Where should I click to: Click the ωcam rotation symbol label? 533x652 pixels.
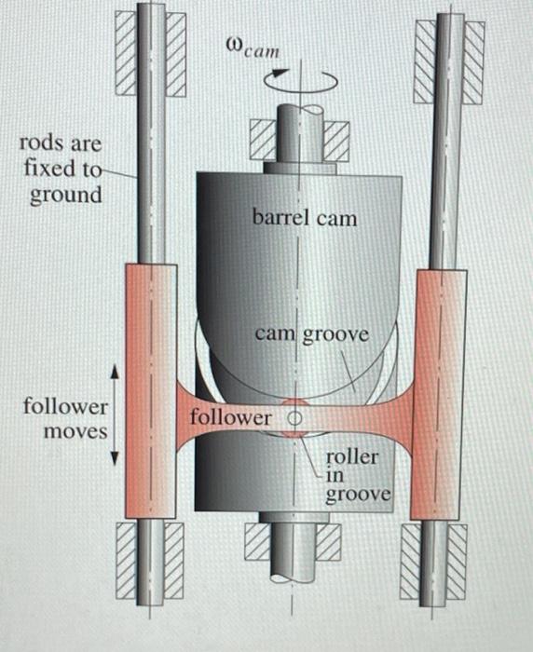(x=252, y=46)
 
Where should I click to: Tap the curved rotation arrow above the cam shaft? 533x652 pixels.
(x=299, y=82)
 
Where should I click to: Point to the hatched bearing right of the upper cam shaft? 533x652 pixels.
(x=336, y=142)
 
